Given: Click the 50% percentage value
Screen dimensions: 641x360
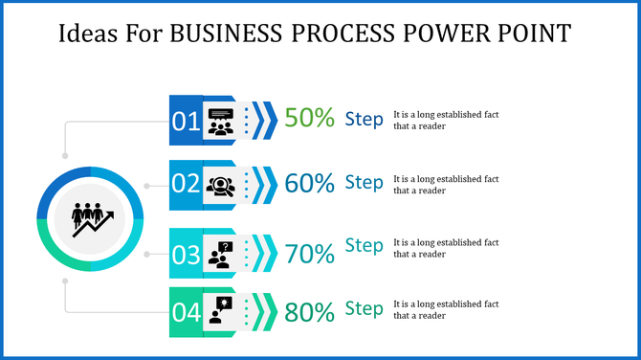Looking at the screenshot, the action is tap(310, 118).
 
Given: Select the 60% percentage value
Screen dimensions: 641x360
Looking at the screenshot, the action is tap(310, 182).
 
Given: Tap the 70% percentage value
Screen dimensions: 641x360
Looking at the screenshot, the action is tap(310, 254).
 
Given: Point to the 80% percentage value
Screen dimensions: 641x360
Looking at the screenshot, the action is tap(310, 312).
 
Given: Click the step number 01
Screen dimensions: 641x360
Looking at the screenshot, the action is tap(186, 121).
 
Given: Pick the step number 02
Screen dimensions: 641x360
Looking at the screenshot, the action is tap(186, 184).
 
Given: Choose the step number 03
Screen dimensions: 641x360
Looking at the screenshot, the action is tap(186, 255).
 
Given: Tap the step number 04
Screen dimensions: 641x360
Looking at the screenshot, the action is tap(186, 312).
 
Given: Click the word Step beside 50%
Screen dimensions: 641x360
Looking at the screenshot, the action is tap(364, 118).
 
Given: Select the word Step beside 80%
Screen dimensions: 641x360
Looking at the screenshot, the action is tap(364, 308).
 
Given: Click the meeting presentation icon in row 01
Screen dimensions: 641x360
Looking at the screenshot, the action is tap(221, 121).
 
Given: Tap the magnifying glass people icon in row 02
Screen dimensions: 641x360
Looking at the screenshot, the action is tap(221, 184).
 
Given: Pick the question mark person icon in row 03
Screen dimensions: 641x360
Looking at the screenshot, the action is tap(221, 254).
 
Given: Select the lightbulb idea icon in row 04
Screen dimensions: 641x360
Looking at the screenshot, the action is tap(221, 311).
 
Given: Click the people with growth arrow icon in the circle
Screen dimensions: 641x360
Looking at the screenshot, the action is tap(92, 218).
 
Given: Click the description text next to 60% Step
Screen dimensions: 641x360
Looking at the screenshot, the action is tap(446, 184).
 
